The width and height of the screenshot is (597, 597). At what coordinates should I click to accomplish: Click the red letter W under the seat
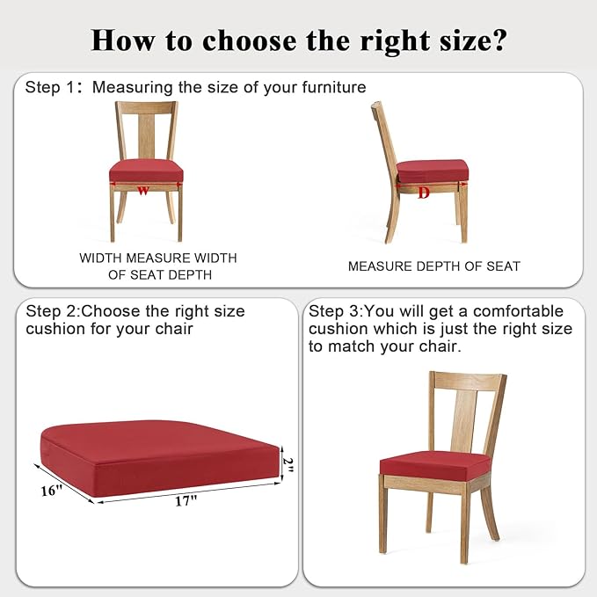[142, 191]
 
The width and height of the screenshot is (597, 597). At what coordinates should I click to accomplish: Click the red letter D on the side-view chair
[424, 193]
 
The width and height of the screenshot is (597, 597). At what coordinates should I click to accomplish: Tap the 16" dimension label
[51, 491]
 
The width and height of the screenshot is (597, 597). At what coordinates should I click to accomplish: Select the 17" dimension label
[186, 500]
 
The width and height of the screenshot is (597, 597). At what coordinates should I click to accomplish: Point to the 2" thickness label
[288, 465]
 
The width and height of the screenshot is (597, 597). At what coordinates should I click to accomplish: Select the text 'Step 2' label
[51, 311]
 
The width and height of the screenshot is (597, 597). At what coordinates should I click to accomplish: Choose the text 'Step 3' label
[333, 311]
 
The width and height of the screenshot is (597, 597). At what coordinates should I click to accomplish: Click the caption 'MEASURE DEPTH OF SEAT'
[434, 266]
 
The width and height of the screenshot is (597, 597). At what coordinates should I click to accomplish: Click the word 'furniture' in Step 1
[334, 87]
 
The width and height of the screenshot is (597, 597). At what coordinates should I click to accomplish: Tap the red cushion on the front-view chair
[146, 171]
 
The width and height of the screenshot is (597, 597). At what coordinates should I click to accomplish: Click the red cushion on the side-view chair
[432, 171]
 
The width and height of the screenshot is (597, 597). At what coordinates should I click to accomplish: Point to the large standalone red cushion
[160, 458]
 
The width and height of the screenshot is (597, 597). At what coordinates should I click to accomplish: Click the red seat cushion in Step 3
[435, 466]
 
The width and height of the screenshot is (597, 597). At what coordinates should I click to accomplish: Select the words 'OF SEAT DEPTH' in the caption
[160, 274]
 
